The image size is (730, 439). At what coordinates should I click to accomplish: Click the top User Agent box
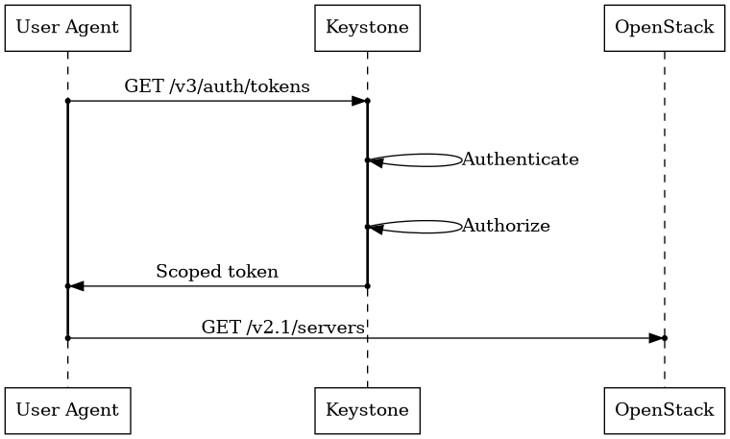67,27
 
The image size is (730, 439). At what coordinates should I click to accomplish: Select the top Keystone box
367,27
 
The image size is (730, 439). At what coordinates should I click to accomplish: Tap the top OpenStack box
664,27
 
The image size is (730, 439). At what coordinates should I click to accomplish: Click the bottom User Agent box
67,410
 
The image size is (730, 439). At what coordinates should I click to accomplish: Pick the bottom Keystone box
367,410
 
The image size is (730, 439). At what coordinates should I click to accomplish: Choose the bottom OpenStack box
664,410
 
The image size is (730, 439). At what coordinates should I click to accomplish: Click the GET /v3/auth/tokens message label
217,86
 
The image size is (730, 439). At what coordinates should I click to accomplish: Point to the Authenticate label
521,159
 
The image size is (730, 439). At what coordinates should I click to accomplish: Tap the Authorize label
506,227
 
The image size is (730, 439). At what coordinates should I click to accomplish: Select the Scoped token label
217,272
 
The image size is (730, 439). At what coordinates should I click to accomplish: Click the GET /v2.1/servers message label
282,328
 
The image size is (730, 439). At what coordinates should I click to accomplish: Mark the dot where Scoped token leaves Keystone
367,286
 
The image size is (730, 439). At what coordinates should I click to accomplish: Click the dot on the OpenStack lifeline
664,338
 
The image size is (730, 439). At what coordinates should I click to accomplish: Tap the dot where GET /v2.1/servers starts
67,338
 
